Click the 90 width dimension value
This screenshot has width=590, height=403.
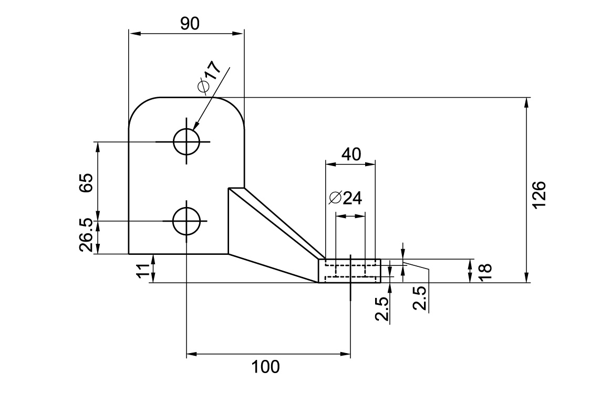(190, 23)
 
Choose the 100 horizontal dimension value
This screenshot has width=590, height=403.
(266, 366)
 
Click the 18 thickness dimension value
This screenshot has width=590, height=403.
(484, 271)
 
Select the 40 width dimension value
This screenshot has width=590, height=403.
(351, 154)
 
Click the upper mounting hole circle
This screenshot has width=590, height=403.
(186, 141)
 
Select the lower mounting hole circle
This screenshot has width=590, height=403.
(186, 221)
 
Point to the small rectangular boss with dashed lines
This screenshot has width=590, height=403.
(350, 271)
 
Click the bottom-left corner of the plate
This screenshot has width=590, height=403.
(129, 253)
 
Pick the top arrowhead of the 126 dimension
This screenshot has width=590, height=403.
(526, 101)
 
